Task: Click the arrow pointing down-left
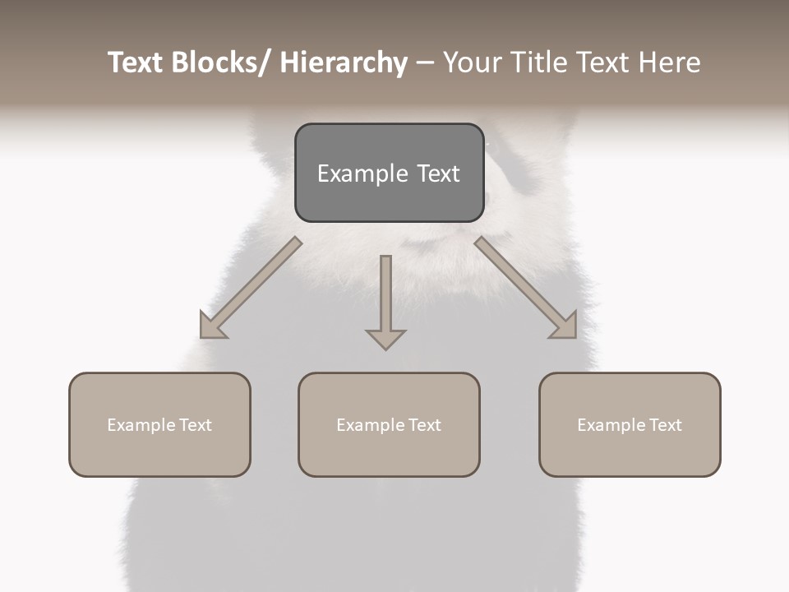point(250,289)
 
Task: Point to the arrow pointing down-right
point(525,289)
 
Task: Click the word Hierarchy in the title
point(344,62)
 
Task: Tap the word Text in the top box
point(438,173)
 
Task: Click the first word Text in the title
point(136,62)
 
